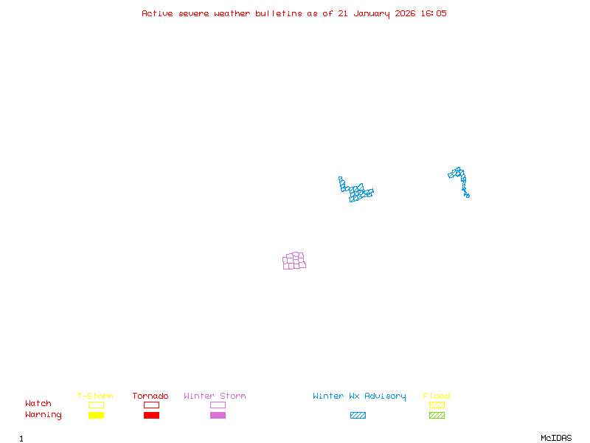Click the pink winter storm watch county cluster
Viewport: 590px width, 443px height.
[x=294, y=261]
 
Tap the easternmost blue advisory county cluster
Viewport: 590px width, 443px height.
[x=459, y=179]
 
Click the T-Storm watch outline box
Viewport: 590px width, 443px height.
[x=96, y=405]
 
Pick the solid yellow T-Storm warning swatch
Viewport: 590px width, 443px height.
[x=96, y=415]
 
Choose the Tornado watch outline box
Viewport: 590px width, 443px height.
[x=151, y=405]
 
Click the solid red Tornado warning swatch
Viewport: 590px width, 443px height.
[x=151, y=415]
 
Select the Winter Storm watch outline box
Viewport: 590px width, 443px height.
[x=218, y=405]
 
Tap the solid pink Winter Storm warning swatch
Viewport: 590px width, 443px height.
[x=218, y=415]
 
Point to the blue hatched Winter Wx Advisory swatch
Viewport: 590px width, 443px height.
[x=358, y=415]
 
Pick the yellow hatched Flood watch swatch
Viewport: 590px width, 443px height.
[x=437, y=405]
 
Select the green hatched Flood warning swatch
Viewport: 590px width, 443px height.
[x=437, y=415]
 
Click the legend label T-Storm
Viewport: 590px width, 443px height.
[x=95, y=396]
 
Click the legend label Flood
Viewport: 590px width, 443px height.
[x=437, y=396]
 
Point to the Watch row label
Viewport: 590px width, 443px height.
[x=38, y=404]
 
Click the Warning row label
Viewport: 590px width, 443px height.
[x=44, y=415]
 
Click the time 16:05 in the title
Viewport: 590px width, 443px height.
[x=434, y=13]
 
